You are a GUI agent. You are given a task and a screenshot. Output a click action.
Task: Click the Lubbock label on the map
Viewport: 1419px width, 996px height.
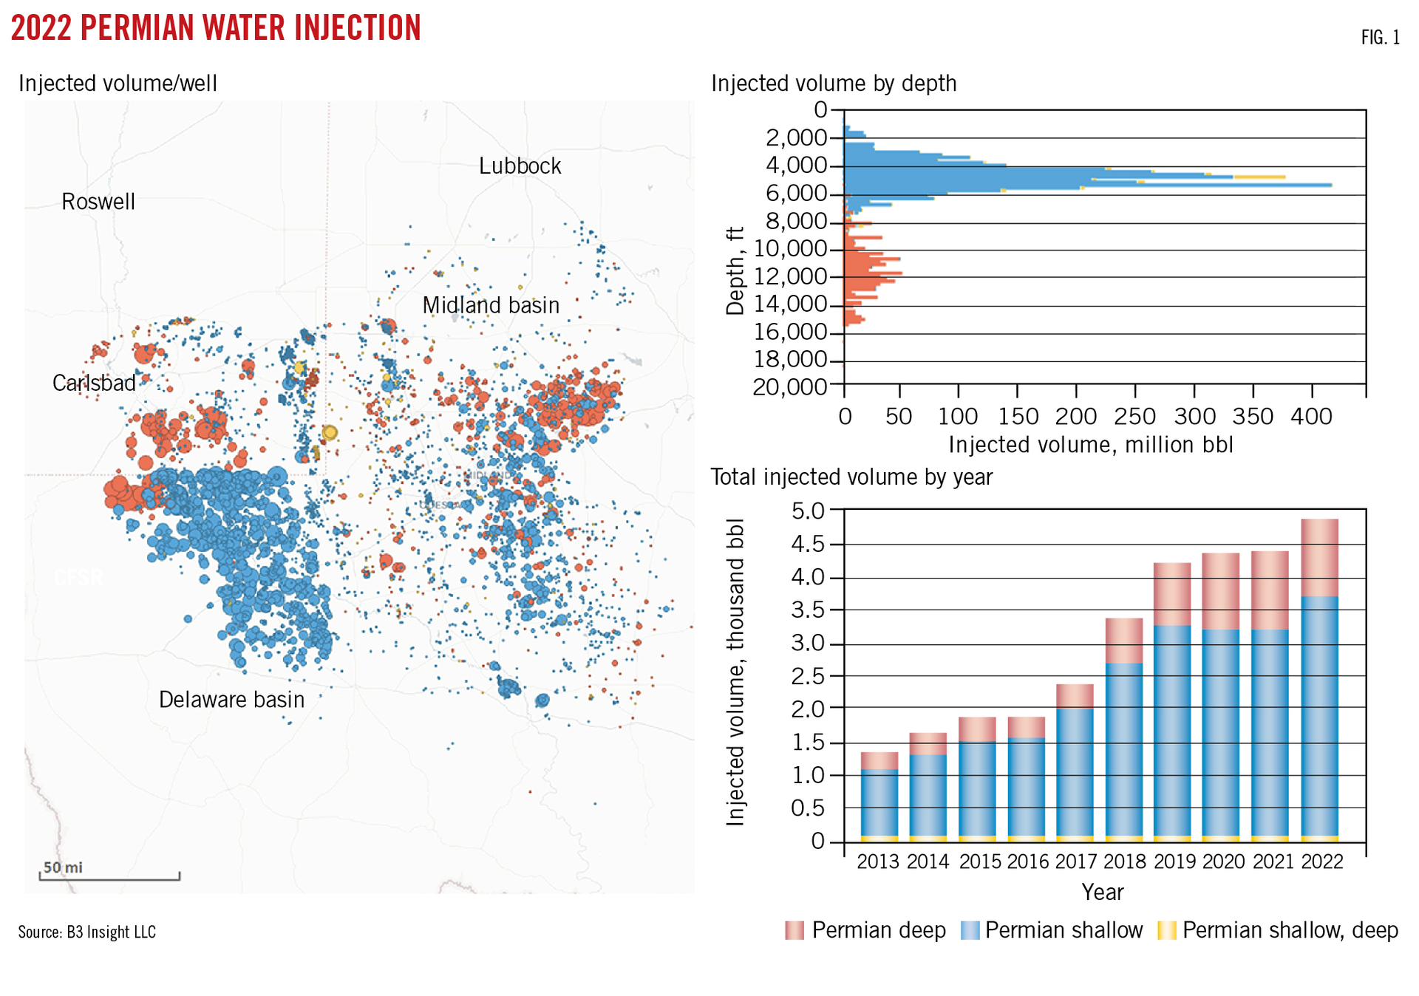(520, 166)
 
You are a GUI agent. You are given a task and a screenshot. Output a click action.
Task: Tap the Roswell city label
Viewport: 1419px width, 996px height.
(98, 202)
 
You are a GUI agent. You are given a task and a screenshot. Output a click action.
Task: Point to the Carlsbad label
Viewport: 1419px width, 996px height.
(94, 383)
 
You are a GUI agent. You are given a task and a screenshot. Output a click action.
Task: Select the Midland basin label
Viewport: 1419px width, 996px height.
(491, 305)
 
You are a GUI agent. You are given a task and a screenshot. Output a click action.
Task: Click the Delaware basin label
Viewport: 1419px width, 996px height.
(231, 699)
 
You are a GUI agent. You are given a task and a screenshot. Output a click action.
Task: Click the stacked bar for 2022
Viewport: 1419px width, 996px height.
(1319, 680)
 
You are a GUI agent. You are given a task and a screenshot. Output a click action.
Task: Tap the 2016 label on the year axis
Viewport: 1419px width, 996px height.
(1027, 862)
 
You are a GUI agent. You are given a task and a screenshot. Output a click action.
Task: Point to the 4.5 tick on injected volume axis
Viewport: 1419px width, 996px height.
(808, 545)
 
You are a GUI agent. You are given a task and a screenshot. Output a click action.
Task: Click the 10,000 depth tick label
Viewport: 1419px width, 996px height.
(790, 249)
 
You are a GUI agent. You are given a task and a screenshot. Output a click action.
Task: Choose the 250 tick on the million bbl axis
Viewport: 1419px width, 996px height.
(1134, 417)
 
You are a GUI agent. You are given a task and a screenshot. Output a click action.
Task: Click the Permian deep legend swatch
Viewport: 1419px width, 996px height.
(794, 930)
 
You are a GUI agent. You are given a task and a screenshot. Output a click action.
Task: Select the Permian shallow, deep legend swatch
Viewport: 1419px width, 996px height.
(1166, 930)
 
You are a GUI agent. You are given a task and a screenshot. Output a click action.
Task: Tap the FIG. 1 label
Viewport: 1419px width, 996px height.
(1380, 38)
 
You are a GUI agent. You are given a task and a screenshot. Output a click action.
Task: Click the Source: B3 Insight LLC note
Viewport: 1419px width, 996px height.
(87, 932)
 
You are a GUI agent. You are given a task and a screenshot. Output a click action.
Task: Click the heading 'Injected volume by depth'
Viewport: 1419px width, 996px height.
(833, 83)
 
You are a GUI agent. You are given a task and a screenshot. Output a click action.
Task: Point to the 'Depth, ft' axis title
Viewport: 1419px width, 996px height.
(735, 271)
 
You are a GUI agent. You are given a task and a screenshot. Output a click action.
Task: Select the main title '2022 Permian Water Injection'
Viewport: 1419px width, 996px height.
(216, 28)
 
